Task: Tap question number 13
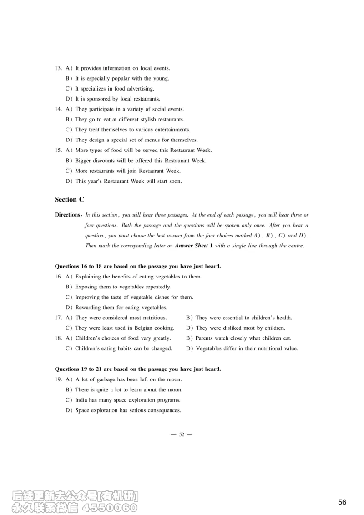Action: (x=58, y=68)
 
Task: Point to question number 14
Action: (x=58, y=109)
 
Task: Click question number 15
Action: (x=58, y=150)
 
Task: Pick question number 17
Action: (x=58, y=318)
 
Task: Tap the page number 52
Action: (x=182, y=434)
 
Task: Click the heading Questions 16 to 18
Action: (x=138, y=266)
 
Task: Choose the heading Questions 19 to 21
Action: (x=138, y=369)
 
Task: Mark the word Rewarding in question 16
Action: (x=88, y=308)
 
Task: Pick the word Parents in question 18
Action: (x=205, y=338)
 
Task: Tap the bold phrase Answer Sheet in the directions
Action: (x=191, y=246)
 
